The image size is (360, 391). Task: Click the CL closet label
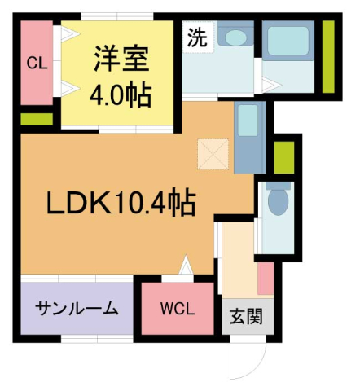(35, 64)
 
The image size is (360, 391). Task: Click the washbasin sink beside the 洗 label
(237, 37)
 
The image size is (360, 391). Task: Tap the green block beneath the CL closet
(36, 119)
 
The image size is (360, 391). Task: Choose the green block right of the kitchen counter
(283, 157)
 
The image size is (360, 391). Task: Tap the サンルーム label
(77, 309)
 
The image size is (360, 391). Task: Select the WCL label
(177, 309)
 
